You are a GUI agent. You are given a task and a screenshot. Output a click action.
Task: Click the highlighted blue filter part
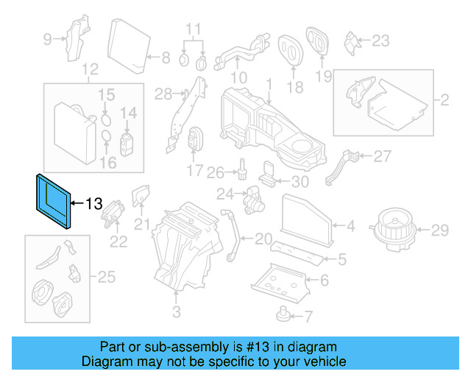pyautogui.click(x=52, y=200)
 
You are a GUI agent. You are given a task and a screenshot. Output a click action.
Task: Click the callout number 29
pyautogui.click(x=439, y=231)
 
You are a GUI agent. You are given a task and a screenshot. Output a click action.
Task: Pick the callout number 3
pyautogui.click(x=176, y=313)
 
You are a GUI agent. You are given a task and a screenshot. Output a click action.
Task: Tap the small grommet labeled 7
pyautogui.click(x=283, y=314)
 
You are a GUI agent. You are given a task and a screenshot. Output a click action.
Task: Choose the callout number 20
pyautogui.click(x=263, y=239)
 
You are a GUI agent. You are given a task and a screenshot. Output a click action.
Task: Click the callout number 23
pyautogui.click(x=380, y=40)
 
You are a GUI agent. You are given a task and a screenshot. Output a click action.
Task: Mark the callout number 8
pyautogui.click(x=165, y=57)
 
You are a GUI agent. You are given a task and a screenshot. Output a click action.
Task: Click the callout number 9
pyautogui.click(x=48, y=40)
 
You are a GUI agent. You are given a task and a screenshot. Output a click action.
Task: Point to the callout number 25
pyautogui.click(x=107, y=277)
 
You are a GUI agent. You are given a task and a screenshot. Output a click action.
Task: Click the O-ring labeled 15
pyautogui.click(x=106, y=116)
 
